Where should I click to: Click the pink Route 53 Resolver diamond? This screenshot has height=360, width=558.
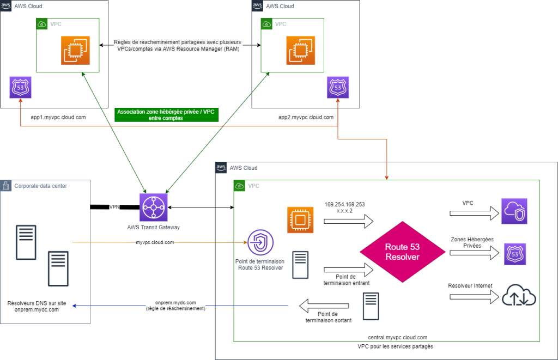[x=402, y=252]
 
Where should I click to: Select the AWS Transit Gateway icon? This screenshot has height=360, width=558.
[x=153, y=207]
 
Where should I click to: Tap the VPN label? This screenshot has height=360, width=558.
[x=114, y=207]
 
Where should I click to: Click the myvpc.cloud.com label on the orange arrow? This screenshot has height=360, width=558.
[x=155, y=242]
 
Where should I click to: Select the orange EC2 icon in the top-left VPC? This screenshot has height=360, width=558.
[x=76, y=50]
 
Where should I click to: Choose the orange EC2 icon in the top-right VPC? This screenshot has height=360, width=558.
[x=301, y=50]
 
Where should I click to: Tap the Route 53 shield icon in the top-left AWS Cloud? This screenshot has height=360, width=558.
[x=21, y=87]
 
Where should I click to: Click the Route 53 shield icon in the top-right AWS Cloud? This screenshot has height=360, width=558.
[x=338, y=87]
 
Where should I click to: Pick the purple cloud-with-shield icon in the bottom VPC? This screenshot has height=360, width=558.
[x=514, y=211]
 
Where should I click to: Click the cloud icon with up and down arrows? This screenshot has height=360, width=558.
[x=518, y=296]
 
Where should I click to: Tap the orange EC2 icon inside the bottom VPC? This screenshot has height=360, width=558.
[x=301, y=220]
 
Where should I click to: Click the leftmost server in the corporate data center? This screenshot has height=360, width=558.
[x=26, y=242]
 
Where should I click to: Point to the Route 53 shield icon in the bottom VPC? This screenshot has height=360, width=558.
[x=515, y=254]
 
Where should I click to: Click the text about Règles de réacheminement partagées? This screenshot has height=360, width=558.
[x=178, y=45]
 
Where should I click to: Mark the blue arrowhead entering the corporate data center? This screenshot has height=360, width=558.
[x=74, y=306]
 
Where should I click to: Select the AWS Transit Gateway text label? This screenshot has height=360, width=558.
[x=153, y=227]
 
